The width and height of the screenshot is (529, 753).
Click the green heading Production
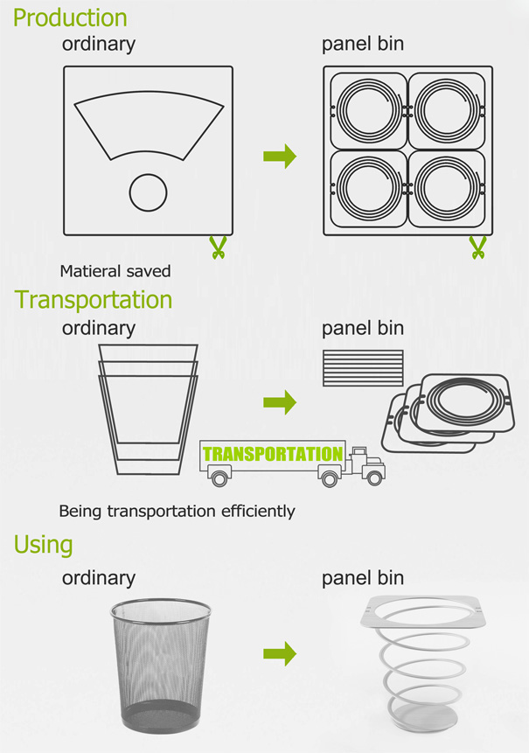70,17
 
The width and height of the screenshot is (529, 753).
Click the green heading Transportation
94,300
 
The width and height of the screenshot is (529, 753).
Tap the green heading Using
43,546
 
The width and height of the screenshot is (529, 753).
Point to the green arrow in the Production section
280,156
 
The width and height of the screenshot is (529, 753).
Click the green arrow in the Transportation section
280,402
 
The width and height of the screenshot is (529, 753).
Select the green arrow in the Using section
280,653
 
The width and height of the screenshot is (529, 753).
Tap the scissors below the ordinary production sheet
218,248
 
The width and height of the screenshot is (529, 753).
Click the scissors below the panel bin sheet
477,248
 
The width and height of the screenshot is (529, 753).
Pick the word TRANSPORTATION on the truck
273,454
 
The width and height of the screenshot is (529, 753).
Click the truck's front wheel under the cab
374,478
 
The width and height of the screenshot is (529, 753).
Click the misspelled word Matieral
87,271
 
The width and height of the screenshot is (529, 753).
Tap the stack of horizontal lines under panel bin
363,368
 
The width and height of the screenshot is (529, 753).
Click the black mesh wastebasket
160,666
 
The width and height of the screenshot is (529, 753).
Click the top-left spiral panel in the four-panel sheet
369,111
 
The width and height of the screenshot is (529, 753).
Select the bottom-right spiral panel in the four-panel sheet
447,188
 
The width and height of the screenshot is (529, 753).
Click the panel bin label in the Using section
363,578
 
